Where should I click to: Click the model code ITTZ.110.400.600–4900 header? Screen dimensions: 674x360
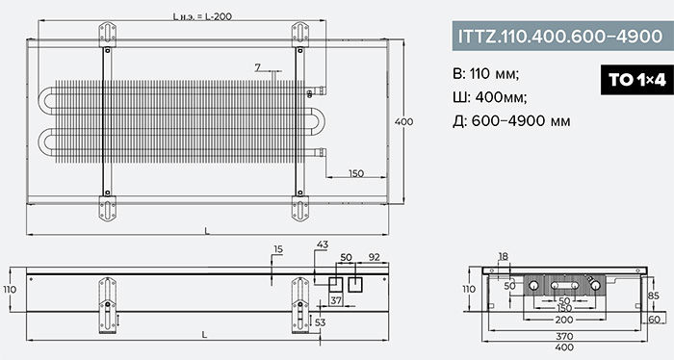[560, 36]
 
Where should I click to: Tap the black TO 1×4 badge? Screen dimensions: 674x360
[636, 80]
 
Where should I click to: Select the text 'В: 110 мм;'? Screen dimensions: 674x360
[485, 74]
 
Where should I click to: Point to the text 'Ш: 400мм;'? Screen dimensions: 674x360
[489, 97]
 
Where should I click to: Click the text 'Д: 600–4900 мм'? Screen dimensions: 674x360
[511, 121]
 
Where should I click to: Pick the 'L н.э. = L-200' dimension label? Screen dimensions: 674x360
[202, 16]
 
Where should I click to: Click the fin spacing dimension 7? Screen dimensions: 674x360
[257, 67]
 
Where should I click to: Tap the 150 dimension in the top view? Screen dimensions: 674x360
[356, 173]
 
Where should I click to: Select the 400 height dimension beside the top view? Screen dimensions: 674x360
[403, 121]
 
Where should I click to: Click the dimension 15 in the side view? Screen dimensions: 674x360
[278, 249]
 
